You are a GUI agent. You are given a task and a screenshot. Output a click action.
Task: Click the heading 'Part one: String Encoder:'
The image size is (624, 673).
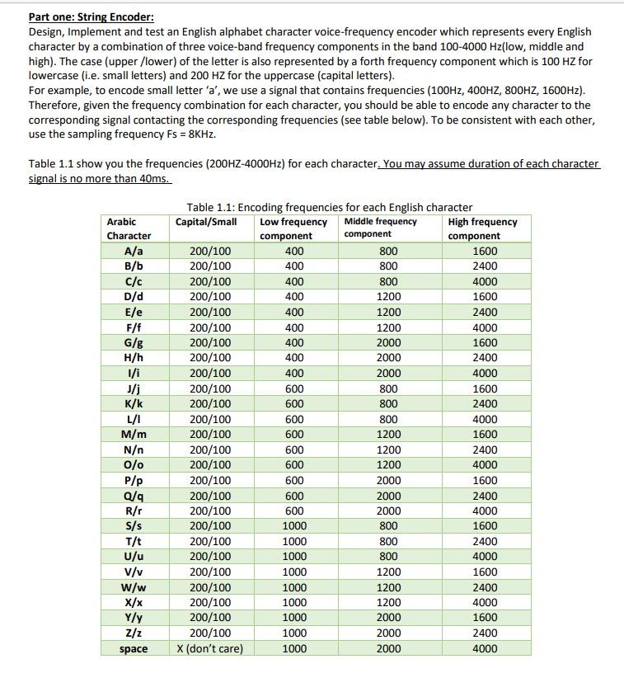pos(91,16)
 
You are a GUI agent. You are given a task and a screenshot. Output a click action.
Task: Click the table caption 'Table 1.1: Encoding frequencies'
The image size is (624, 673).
pos(329,207)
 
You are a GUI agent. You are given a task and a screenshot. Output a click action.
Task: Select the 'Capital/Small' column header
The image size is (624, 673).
pos(206,221)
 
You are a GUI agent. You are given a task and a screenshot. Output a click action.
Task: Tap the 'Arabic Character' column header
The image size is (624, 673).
pos(129,228)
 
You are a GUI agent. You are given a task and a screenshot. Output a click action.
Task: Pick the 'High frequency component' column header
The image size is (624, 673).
pos(484,228)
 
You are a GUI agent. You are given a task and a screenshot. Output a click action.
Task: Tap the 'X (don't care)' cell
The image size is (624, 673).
pos(210,649)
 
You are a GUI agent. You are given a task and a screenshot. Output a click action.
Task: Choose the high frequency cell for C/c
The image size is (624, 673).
pos(485,281)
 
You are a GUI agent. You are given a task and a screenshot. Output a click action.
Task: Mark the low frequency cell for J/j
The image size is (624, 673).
pos(293,388)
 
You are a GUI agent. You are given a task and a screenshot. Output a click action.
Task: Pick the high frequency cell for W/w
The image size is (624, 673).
pos(485,587)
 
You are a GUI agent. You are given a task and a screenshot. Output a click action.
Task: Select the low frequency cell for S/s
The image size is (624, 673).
pos(293,526)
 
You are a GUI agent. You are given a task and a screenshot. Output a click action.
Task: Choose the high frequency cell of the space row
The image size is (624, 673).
pos(485,649)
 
